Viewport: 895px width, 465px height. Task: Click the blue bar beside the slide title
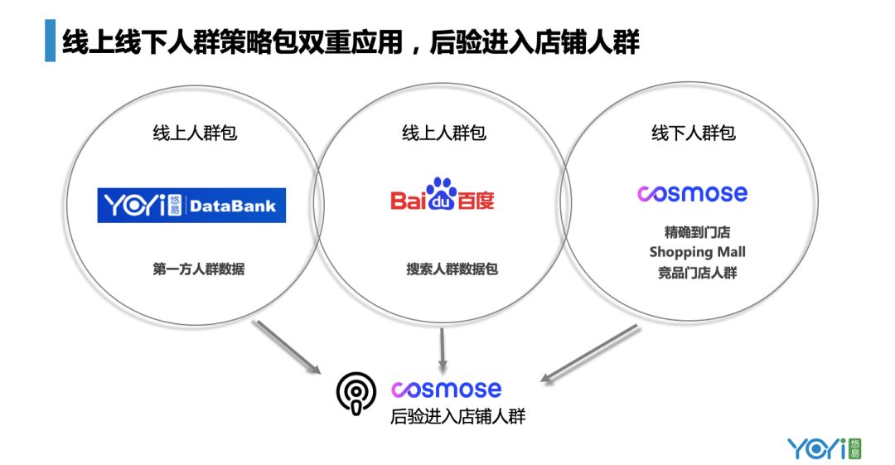49,41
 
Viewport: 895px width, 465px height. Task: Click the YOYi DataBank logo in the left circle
191,206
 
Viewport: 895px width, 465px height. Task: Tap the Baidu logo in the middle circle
443,196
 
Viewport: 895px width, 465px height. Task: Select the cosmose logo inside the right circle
692,194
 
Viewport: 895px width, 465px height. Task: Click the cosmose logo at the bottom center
446,389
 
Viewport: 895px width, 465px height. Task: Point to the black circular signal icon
356,393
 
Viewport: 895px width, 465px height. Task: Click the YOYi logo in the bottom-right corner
824,448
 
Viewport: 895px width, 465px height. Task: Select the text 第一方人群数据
198,269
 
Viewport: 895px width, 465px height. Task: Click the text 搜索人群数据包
452,269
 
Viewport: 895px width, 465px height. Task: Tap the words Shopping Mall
697,252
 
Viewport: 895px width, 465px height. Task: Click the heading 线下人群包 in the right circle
694,133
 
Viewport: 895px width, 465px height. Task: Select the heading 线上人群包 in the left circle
195,133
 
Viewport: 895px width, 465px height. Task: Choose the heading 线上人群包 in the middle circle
444,133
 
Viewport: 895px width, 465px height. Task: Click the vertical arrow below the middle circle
443,349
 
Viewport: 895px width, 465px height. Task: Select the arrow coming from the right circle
589,353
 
